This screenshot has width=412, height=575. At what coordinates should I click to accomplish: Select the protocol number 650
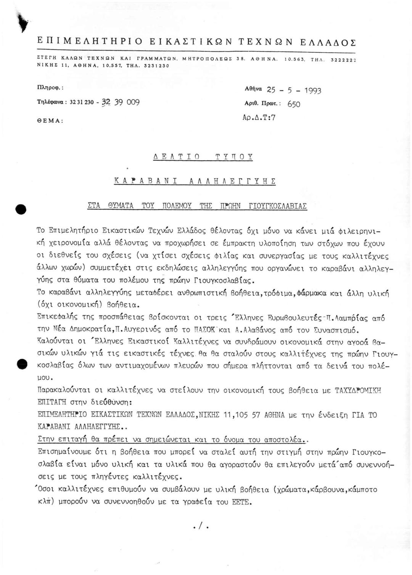point(294,104)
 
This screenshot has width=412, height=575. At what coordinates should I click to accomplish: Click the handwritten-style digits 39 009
point(127,102)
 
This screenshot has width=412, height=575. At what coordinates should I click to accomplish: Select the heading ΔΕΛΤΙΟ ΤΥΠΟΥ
point(203,157)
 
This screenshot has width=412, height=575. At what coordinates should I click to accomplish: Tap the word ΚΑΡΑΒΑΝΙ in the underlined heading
point(145,181)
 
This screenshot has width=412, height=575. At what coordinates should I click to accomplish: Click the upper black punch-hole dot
point(20,209)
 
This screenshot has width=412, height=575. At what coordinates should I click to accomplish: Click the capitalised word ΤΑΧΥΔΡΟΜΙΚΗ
point(357,391)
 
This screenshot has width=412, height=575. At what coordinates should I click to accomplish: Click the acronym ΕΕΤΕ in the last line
point(241,502)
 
